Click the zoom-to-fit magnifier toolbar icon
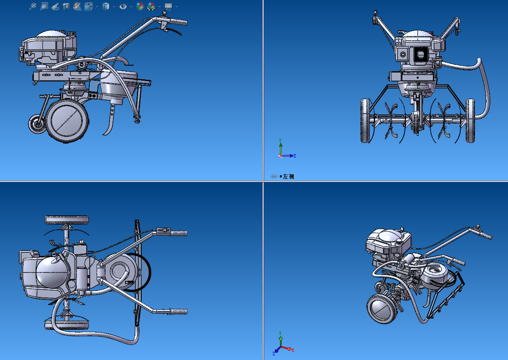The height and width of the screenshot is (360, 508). coord(44,6)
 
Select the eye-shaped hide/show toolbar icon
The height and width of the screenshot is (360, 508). coord(123,6)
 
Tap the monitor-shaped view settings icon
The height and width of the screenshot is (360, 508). coord(168,6)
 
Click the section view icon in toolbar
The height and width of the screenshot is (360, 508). coord(66,6)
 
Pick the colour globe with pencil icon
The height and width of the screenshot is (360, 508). coord(140,6)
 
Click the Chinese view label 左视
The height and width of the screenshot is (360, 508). coord(288,176)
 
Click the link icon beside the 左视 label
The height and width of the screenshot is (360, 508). coord(274,176)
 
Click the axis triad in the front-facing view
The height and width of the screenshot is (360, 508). coord(286,150)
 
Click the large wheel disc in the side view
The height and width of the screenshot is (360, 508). coord(67,120)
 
